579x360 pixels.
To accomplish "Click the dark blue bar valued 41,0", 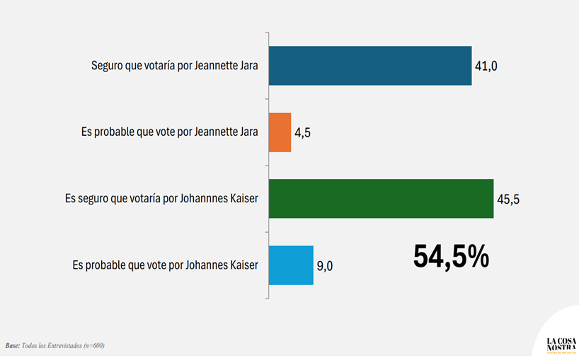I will pos(370,66).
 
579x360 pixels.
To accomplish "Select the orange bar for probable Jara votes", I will pos(280,132).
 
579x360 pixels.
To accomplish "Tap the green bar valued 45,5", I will pos(381,199).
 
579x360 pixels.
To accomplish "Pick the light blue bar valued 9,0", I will pos(291,265).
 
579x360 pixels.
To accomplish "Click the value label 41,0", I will pos(486,66).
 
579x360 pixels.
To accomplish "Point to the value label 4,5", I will pos(304,133).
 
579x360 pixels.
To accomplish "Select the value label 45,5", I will pos(508,199).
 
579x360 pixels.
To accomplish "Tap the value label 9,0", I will pos(325,266).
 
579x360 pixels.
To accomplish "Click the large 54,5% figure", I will pos(451,256).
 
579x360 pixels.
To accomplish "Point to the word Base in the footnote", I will pos(13,346).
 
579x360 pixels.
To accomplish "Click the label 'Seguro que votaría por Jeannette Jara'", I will pos(175,66).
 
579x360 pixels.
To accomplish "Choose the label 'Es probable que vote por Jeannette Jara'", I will pos(171,132).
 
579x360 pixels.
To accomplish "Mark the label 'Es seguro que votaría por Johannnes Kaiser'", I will pos(161,199).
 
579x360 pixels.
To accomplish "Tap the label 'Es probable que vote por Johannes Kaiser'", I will pos(166,265).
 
